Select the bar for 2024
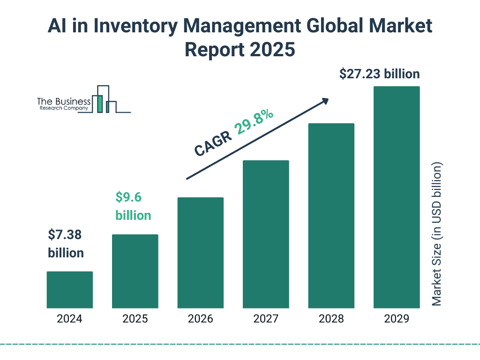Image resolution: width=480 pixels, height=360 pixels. coord(69,290)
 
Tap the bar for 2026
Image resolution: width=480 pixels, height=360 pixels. coord(200,253)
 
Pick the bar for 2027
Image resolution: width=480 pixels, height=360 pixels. coord(266,234)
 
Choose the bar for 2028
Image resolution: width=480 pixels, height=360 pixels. coord(331,216)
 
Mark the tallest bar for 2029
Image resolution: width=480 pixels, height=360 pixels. coord(397,197)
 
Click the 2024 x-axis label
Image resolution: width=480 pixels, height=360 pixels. coord(69,319)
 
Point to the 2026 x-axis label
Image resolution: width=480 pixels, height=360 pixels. coord(200,319)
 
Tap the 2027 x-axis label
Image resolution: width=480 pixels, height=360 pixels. coord(266,319)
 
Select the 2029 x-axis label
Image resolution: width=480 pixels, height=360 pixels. coord(397,319)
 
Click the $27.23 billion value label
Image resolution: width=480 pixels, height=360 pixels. coord(379,74)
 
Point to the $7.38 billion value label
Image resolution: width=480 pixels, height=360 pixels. coord(66,244)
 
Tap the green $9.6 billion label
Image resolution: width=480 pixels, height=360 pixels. coord(133,206)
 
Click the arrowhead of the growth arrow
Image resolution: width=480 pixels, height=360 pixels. coord(324,101)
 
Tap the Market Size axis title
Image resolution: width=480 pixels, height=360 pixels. coord(437,234)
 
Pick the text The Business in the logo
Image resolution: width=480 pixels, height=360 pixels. coord(64,102)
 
